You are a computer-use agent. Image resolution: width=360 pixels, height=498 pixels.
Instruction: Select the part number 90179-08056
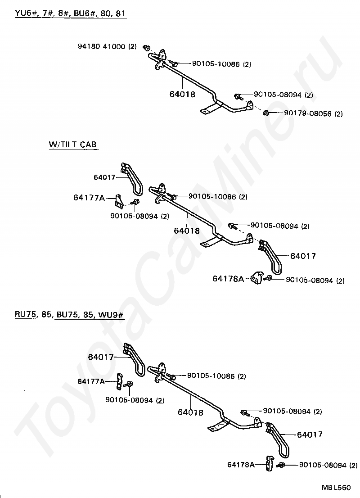point(307,113)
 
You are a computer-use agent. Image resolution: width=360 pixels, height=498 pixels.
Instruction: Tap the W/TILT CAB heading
point(73,145)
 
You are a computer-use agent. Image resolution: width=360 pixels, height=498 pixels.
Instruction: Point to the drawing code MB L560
point(335,487)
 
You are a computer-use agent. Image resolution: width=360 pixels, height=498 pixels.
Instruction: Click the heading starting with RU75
point(69,315)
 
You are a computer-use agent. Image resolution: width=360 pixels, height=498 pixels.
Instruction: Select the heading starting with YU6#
point(70,13)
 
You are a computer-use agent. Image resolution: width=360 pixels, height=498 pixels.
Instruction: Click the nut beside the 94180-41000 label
point(146,47)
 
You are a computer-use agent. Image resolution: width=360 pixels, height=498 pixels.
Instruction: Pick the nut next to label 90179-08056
point(266,113)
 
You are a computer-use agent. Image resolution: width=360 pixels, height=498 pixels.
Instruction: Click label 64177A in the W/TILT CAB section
point(89,197)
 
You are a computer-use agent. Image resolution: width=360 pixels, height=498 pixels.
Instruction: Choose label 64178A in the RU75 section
point(241,464)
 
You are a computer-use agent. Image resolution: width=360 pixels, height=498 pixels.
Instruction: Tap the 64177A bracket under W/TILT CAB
point(120,199)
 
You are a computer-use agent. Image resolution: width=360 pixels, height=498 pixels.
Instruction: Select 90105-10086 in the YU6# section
point(215,64)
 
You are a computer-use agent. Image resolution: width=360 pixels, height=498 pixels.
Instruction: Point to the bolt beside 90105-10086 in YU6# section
point(174,64)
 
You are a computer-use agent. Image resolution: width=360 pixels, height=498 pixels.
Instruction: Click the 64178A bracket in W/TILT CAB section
point(257,278)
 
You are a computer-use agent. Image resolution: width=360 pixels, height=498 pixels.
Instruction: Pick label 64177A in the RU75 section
point(90,381)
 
